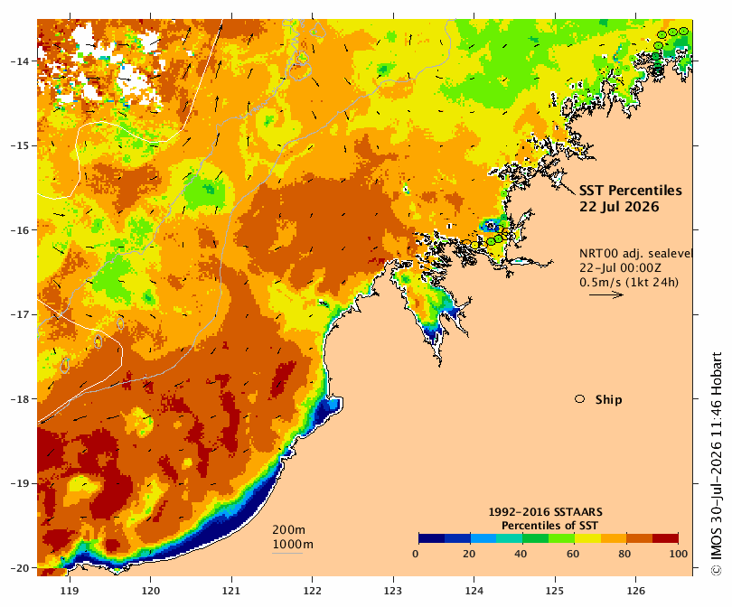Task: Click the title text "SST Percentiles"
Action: [630, 191]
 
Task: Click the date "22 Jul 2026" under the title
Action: [619, 207]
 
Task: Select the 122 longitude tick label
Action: [313, 591]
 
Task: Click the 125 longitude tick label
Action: [555, 591]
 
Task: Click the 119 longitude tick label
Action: [70, 591]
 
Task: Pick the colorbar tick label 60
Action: [573, 554]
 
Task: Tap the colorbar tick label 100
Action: [679, 554]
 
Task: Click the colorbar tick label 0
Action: [416, 554]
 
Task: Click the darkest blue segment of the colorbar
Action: [431, 538]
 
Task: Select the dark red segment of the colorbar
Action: [665, 538]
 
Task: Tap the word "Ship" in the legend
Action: [609, 400]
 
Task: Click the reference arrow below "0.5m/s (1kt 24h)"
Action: [606, 294]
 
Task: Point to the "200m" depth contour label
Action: [288, 530]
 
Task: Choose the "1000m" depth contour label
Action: [293, 545]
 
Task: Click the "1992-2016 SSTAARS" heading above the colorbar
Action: [545, 512]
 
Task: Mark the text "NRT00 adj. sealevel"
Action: [636, 254]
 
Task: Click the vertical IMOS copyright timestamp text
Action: [716, 464]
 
